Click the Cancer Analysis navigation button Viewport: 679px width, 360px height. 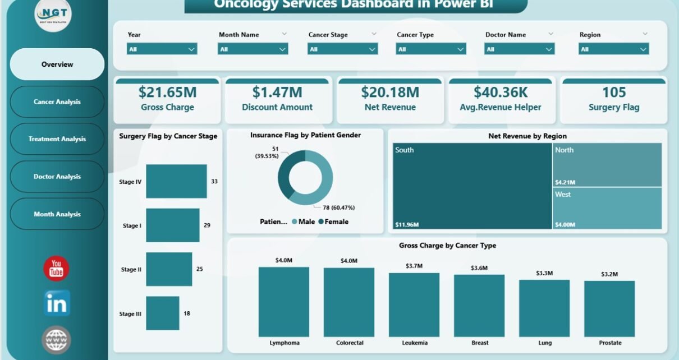coord(57,102)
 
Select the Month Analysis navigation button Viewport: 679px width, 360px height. coord(57,214)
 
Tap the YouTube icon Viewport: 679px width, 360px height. coord(56,268)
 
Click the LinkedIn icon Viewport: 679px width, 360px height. coord(57,303)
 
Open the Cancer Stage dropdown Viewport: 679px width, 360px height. coord(342,49)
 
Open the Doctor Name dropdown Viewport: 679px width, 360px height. coord(519,49)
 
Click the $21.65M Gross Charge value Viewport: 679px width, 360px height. coord(166,92)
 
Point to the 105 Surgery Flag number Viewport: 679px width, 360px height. coord(614,92)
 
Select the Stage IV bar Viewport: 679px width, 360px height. coord(176,181)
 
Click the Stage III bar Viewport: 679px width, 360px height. coord(163,313)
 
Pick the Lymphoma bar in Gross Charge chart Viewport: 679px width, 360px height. coord(283,301)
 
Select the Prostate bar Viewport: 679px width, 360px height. coord(609,308)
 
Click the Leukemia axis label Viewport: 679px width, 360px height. coord(414,343)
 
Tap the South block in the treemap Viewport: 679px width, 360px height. coord(471,186)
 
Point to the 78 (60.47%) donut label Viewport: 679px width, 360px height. coord(339,207)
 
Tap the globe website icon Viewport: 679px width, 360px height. coord(56,340)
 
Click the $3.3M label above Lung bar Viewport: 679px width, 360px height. coord(544,273)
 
